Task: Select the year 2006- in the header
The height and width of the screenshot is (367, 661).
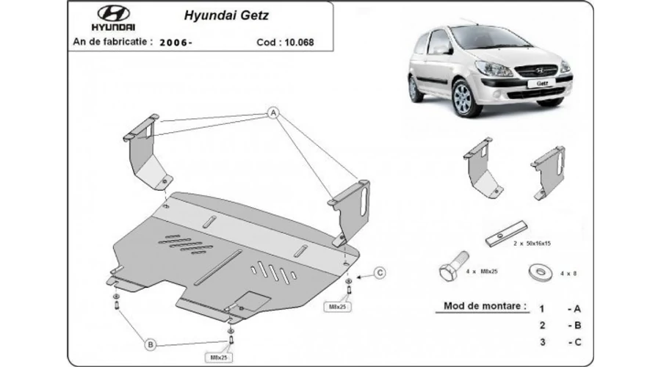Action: pyautogui.click(x=176, y=42)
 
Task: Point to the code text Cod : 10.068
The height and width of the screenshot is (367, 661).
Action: pyautogui.click(x=286, y=42)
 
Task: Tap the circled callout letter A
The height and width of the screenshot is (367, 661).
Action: pyautogui.click(x=272, y=112)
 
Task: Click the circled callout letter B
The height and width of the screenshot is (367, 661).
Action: pyautogui.click(x=150, y=344)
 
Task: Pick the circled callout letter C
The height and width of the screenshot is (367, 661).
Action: pyautogui.click(x=380, y=273)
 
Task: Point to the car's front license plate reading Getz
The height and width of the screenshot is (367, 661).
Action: pyautogui.click(x=541, y=83)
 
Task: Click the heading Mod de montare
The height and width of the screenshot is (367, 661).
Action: pyautogui.click(x=485, y=305)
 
